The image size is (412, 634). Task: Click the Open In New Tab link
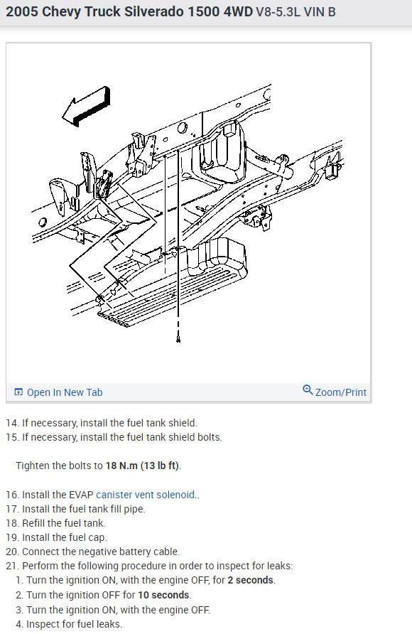[x=65, y=392]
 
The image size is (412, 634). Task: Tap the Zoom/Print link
[x=340, y=392]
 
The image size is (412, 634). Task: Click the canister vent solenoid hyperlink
[x=146, y=495]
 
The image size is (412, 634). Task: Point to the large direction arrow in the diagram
[x=86, y=106]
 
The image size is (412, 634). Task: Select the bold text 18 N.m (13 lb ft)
[x=143, y=466]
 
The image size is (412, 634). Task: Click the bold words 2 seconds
[x=251, y=580]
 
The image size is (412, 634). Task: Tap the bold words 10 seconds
[x=163, y=595]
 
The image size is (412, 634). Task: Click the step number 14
[x=13, y=423]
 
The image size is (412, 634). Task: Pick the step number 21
[x=13, y=566]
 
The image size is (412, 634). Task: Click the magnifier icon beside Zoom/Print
[x=308, y=389]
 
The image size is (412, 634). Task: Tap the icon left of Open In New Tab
[x=18, y=392]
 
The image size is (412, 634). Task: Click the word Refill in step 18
[x=33, y=523]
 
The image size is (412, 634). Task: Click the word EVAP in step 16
[x=81, y=495]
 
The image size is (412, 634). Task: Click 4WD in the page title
[x=238, y=11]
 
